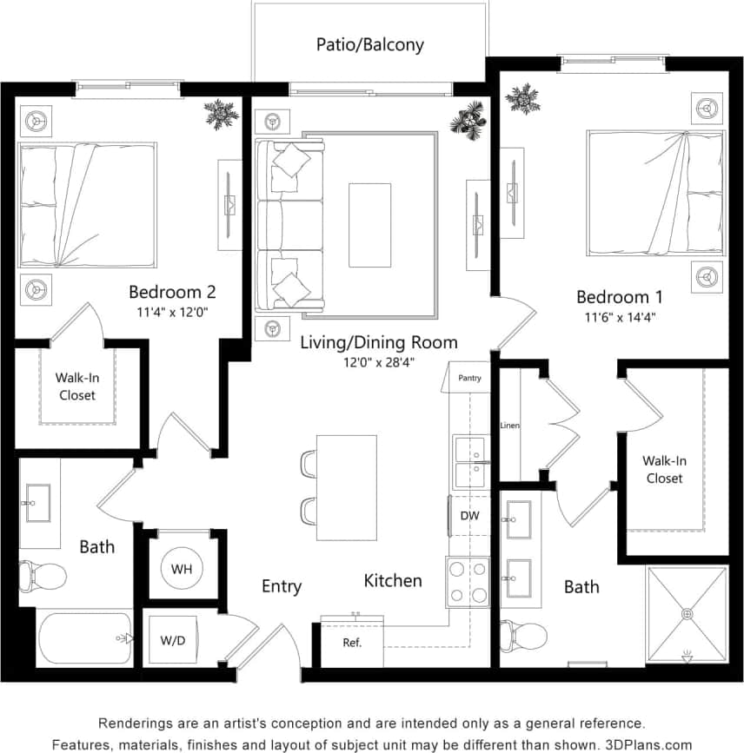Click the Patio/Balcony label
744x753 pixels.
tap(369, 44)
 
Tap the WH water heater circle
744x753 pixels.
tap(181, 569)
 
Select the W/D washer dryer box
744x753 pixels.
tap(173, 641)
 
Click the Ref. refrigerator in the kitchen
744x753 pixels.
tap(351, 644)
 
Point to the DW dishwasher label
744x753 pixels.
tap(469, 516)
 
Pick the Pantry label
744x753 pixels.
tap(468, 378)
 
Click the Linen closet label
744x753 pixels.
tap(509, 426)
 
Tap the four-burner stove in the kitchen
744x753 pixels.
tap(468, 582)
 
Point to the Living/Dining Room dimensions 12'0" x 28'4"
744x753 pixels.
tap(378, 362)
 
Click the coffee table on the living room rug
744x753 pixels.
tap(369, 224)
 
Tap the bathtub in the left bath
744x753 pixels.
tap(84, 637)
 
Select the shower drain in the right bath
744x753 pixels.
tap(687, 614)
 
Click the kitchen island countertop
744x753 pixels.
tap(346, 487)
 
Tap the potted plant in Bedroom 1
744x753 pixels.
tap(522, 98)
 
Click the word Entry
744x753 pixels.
tap(282, 587)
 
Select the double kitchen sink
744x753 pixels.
tap(469, 462)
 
